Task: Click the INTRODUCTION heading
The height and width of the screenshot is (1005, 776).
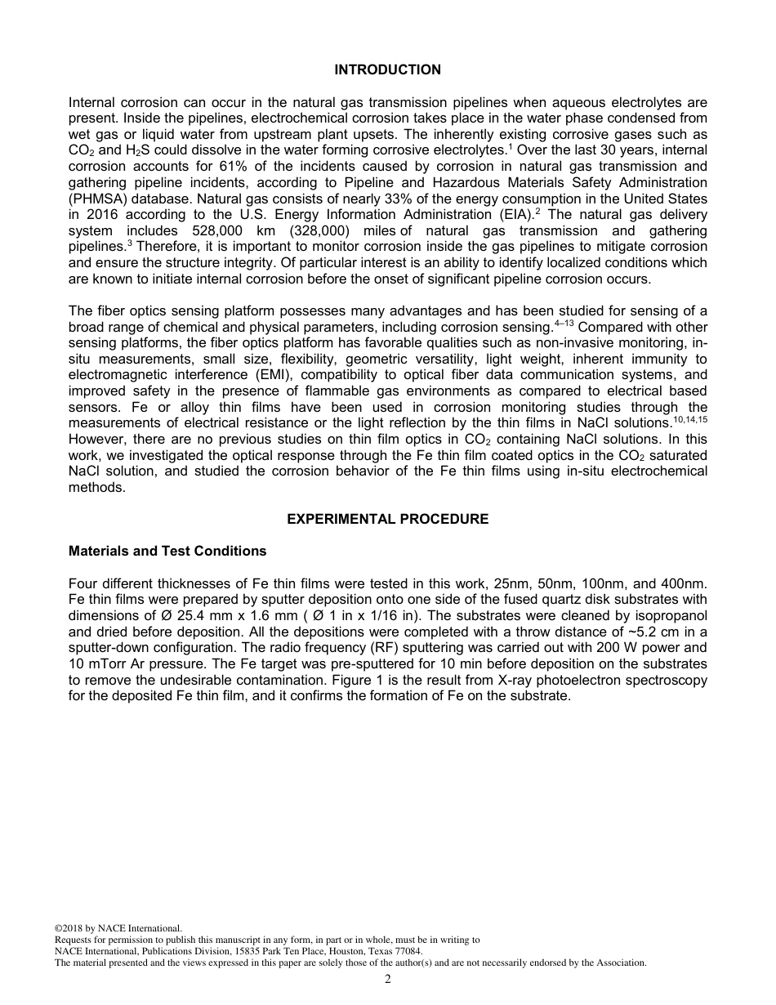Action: pos(387,69)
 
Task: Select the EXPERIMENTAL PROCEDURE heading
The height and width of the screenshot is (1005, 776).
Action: pos(387,519)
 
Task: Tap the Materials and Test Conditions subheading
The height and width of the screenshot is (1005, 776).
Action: pos(167,551)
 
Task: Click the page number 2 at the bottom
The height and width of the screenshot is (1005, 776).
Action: pos(388,980)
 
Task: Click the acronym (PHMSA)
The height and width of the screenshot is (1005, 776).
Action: pos(97,199)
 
